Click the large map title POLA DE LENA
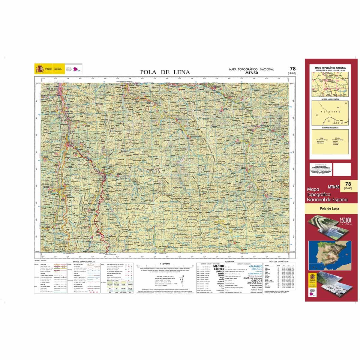[x=165, y=72]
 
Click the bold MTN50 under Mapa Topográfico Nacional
[x=251, y=72]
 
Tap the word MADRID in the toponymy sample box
[x=218, y=266]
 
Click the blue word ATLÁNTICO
[x=256, y=266]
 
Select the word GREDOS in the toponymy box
[x=253, y=280]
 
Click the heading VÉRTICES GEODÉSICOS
[x=278, y=262]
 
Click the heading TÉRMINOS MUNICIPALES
[x=330, y=128]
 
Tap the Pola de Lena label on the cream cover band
[x=329, y=208]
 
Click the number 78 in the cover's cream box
[x=348, y=184]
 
